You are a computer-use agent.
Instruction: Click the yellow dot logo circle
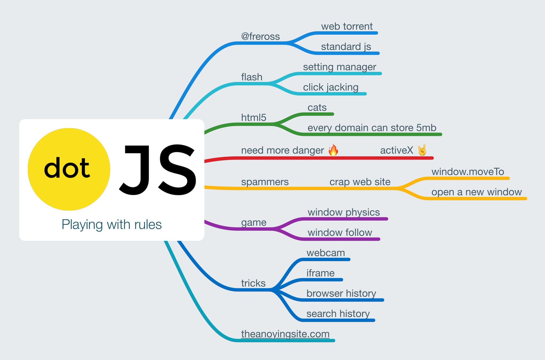click(69, 169)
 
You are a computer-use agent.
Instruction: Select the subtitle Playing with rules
click(112, 224)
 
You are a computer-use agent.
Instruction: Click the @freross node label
click(260, 36)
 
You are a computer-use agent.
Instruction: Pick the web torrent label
click(347, 26)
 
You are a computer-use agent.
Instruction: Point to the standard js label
click(346, 47)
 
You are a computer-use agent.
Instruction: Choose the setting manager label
click(339, 67)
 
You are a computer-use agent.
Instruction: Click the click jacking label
click(331, 87)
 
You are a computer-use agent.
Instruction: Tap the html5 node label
click(254, 117)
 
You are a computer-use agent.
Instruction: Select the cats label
click(317, 107)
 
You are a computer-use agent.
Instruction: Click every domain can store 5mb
click(372, 128)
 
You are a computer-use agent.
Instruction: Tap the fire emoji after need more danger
click(333, 150)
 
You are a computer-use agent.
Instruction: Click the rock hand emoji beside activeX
click(422, 150)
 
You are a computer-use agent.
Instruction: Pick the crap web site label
click(360, 182)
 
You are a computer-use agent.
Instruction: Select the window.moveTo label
click(468, 172)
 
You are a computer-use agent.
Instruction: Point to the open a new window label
click(476, 192)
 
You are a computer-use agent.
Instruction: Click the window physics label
click(344, 212)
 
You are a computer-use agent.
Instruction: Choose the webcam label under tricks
click(325, 253)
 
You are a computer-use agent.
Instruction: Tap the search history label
click(338, 314)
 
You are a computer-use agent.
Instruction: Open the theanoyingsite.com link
click(285, 334)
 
